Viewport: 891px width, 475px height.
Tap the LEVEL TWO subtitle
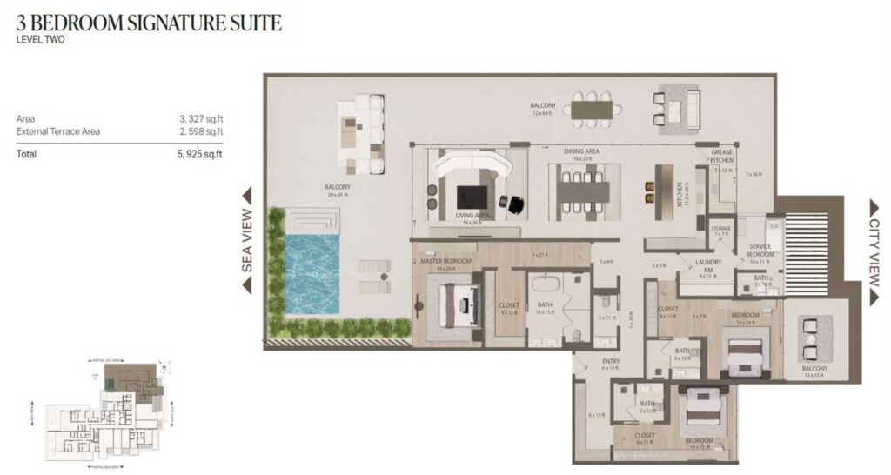41,40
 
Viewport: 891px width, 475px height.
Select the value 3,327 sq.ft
207,118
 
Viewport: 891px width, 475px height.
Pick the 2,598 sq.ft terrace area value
207,131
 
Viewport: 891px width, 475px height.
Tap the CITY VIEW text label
874,251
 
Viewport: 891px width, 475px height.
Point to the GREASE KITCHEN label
721,156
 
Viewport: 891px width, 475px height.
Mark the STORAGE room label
721,229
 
